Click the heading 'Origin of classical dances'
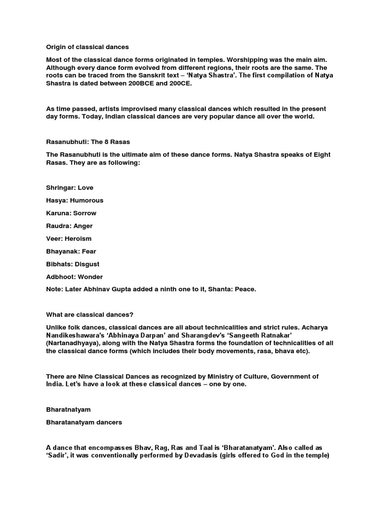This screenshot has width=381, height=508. (x=87, y=47)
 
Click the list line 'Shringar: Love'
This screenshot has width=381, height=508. (x=69, y=188)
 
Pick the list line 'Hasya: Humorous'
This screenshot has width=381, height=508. (x=74, y=200)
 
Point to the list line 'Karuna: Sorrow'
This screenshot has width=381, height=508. (x=71, y=213)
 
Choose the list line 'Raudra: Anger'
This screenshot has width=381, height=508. (x=69, y=226)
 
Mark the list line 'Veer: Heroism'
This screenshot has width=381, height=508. (x=68, y=239)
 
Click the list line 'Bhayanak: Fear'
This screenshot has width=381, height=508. (x=71, y=252)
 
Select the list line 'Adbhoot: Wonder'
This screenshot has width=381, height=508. (x=74, y=277)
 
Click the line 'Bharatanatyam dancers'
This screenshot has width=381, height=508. (x=83, y=423)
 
